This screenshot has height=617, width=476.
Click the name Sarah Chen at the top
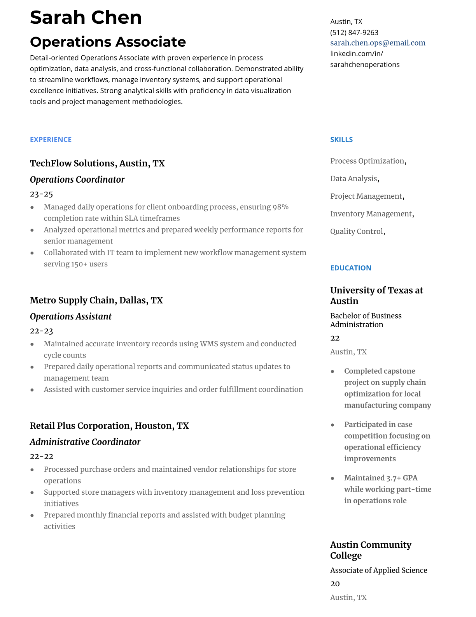click(x=86, y=18)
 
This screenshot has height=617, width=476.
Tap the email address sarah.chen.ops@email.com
click(x=378, y=43)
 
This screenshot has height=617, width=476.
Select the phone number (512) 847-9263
click(x=354, y=32)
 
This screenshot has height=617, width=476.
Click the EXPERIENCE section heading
click(x=51, y=139)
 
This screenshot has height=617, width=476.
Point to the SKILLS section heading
click(x=341, y=139)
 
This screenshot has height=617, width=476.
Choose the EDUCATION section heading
click(x=350, y=268)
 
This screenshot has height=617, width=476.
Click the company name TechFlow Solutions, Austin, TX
click(x=97, y=163)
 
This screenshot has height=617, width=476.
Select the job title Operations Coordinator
click(x=77, y=180)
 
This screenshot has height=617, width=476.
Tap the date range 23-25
click(x=41, y=194)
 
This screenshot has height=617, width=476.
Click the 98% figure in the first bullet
click(x=280, y=207)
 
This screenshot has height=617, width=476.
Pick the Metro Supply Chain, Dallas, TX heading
click(x=96, y=300)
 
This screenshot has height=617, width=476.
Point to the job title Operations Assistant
click(x=70, y=317)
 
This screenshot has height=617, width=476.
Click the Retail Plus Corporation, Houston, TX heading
click(x=109, y=426)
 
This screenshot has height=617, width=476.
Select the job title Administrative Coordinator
click(x=85, y=442)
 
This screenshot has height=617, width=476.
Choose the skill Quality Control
click(x=357, y=231)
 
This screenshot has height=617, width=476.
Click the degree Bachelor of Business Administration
click(x=366, y=320)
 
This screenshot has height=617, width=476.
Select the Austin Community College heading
click(x=370, y=550)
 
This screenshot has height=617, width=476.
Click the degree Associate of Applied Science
click(x=378, y=570)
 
